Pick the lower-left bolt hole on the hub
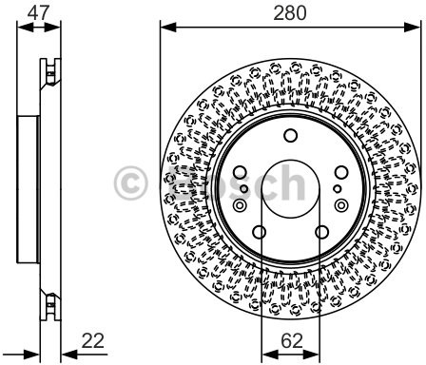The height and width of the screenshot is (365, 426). (260, 232)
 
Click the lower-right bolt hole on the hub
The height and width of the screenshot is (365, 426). (322, 232)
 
